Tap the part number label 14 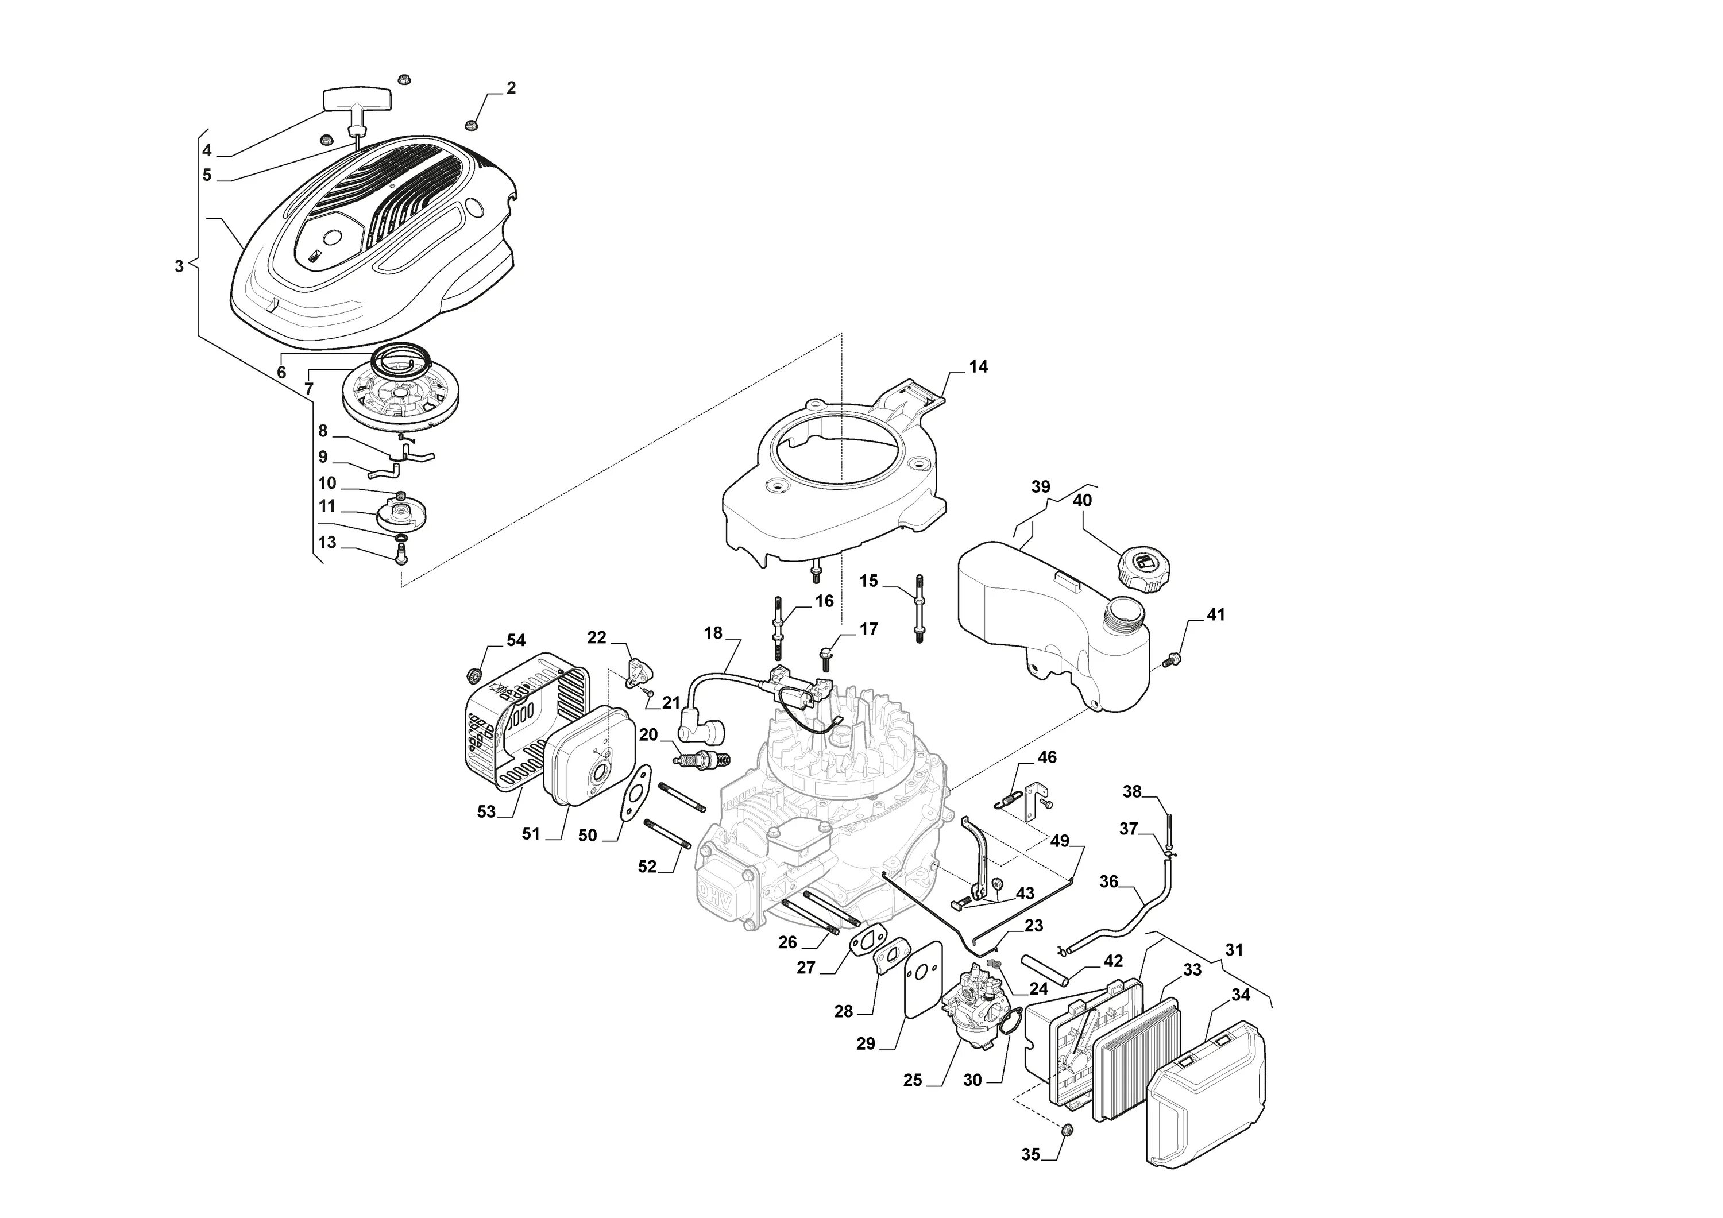point(978,367)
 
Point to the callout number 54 point(516,640)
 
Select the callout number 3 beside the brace point(179,266)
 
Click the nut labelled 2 point(472,124)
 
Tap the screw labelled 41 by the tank point(1170,660)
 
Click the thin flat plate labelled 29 point(920,979)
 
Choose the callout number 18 point(713,633)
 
